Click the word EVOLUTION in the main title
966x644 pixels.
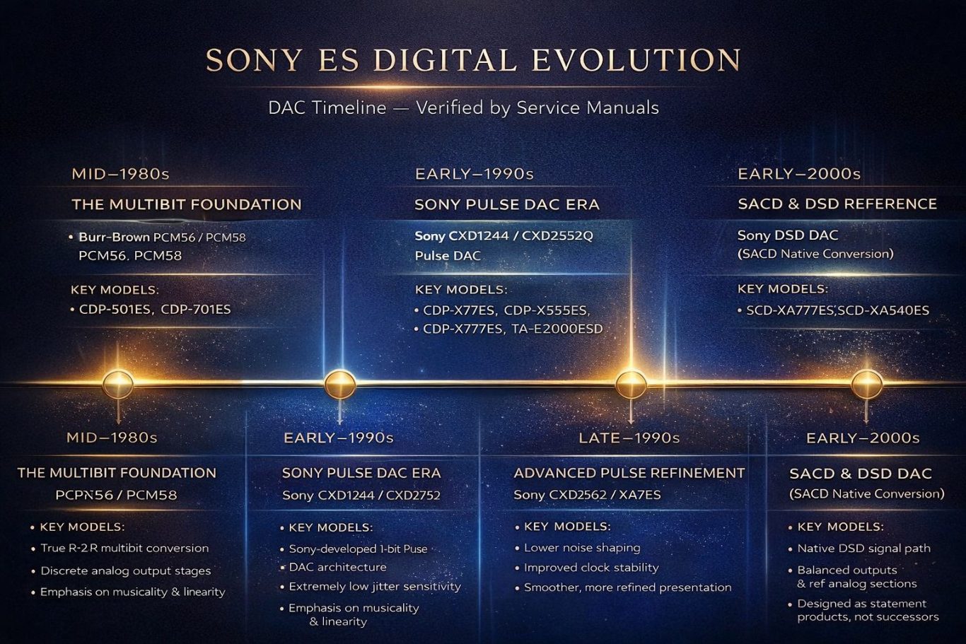pyautogui.click(x=636, y=59)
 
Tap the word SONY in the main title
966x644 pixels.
pyautogui.click(x=253, y=59)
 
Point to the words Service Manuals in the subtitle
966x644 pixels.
pyautogui.click(x=588, y=107)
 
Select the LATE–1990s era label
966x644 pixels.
pyautogui.click(x=629, y=438)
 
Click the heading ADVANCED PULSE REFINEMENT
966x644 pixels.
pyautogui.click(x=629, y=473)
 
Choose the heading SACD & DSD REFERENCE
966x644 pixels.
pyautogui.click(x=837, y=204)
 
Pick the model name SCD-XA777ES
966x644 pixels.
pyautogui.click(x=791, y=310)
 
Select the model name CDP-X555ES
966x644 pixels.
pyautogui.click(x=547, y=310)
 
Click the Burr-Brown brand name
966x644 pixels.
pyautogui.click(x=115, y=237)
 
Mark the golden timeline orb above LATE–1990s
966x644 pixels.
pyautogui.click(x=631, y=384)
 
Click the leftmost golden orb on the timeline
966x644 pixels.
pyautogui.click(x=117, y=384)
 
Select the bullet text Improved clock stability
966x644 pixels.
pyautogui.click(x=591, y=568)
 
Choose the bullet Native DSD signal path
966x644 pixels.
pyautogui.click(x=863, y=549)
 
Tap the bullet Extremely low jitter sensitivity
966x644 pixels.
pyautogui.click(x=375, y=587)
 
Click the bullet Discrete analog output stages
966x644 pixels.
pyautogui.click(x=125, y=570)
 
